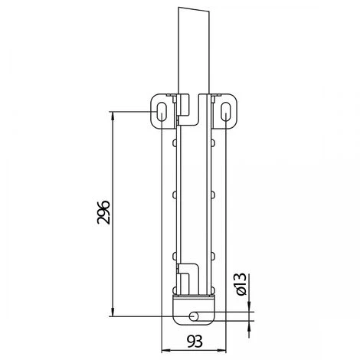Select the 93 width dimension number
195,342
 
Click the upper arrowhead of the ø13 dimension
250,306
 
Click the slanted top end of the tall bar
193,10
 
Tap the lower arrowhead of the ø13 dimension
250,325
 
